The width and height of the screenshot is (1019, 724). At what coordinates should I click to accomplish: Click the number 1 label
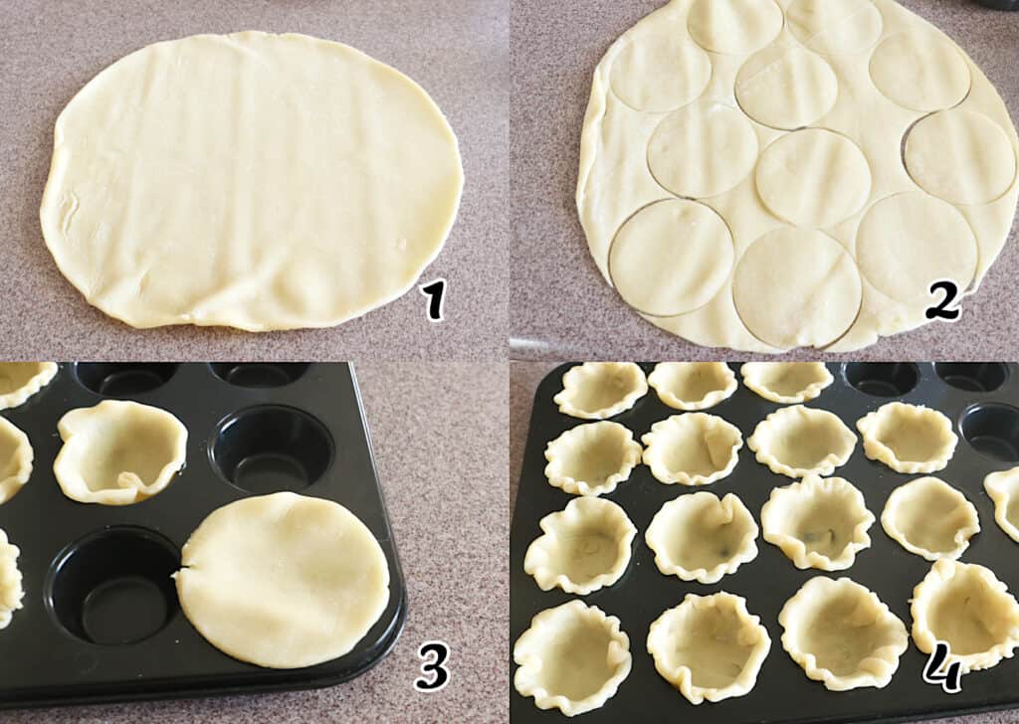[x=432, y=299]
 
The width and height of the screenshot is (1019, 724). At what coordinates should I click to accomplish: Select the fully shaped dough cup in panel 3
[x=120, y=452]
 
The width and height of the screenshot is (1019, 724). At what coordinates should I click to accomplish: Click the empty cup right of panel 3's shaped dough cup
[x=273, y=449]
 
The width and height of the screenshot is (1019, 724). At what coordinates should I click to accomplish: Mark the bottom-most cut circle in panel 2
[x=797, y=286]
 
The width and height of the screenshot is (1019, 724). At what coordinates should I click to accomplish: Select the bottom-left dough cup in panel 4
[x=572, y=654]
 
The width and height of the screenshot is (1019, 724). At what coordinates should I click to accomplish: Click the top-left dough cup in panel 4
[x=600, y=390]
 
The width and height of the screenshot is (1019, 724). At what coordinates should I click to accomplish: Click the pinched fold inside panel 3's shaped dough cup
[x=130, y=481]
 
